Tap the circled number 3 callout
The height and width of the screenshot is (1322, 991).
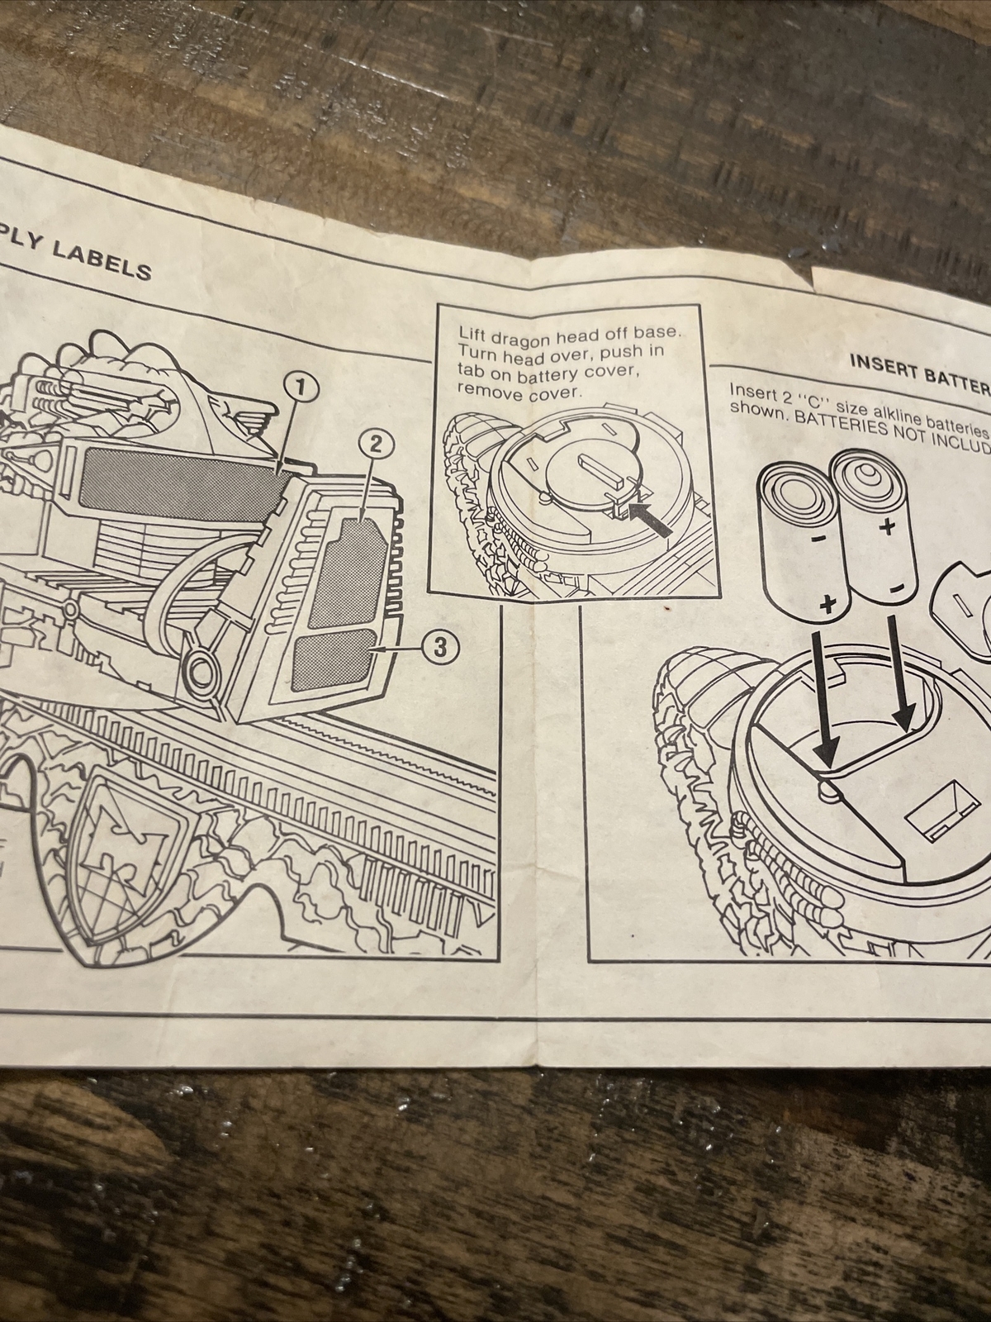point(439,648)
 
